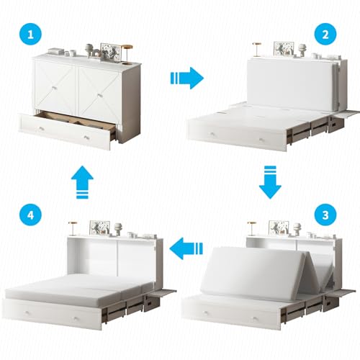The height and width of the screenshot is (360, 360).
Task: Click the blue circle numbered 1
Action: click(30, 34)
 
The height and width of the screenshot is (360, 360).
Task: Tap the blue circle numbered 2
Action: click(325, 34)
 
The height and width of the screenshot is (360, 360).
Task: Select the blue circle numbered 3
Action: click(325, 215)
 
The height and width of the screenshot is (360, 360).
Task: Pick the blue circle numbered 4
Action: click(30, 215)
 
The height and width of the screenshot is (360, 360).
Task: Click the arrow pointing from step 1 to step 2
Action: click(187, 78)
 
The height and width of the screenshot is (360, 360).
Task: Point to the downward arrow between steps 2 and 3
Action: click(270, 182)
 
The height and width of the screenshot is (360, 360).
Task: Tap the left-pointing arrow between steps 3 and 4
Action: click(186, 248)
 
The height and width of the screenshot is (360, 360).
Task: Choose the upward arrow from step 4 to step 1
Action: click(82, 182)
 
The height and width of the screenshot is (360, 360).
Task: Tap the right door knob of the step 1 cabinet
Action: click(99, 96)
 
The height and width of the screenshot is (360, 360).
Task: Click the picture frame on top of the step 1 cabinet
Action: click(109, 51)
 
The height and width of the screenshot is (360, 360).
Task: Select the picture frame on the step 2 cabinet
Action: click(284, 50)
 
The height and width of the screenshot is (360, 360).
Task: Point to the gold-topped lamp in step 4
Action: click(73, 228)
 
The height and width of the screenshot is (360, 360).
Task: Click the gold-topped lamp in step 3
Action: click(252, 228)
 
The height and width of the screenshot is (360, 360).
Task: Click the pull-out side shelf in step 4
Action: click(164, 292)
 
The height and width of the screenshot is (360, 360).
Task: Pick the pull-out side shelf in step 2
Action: click(346, 114)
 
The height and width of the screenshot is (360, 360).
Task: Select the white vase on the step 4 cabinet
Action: click(118, 229)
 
